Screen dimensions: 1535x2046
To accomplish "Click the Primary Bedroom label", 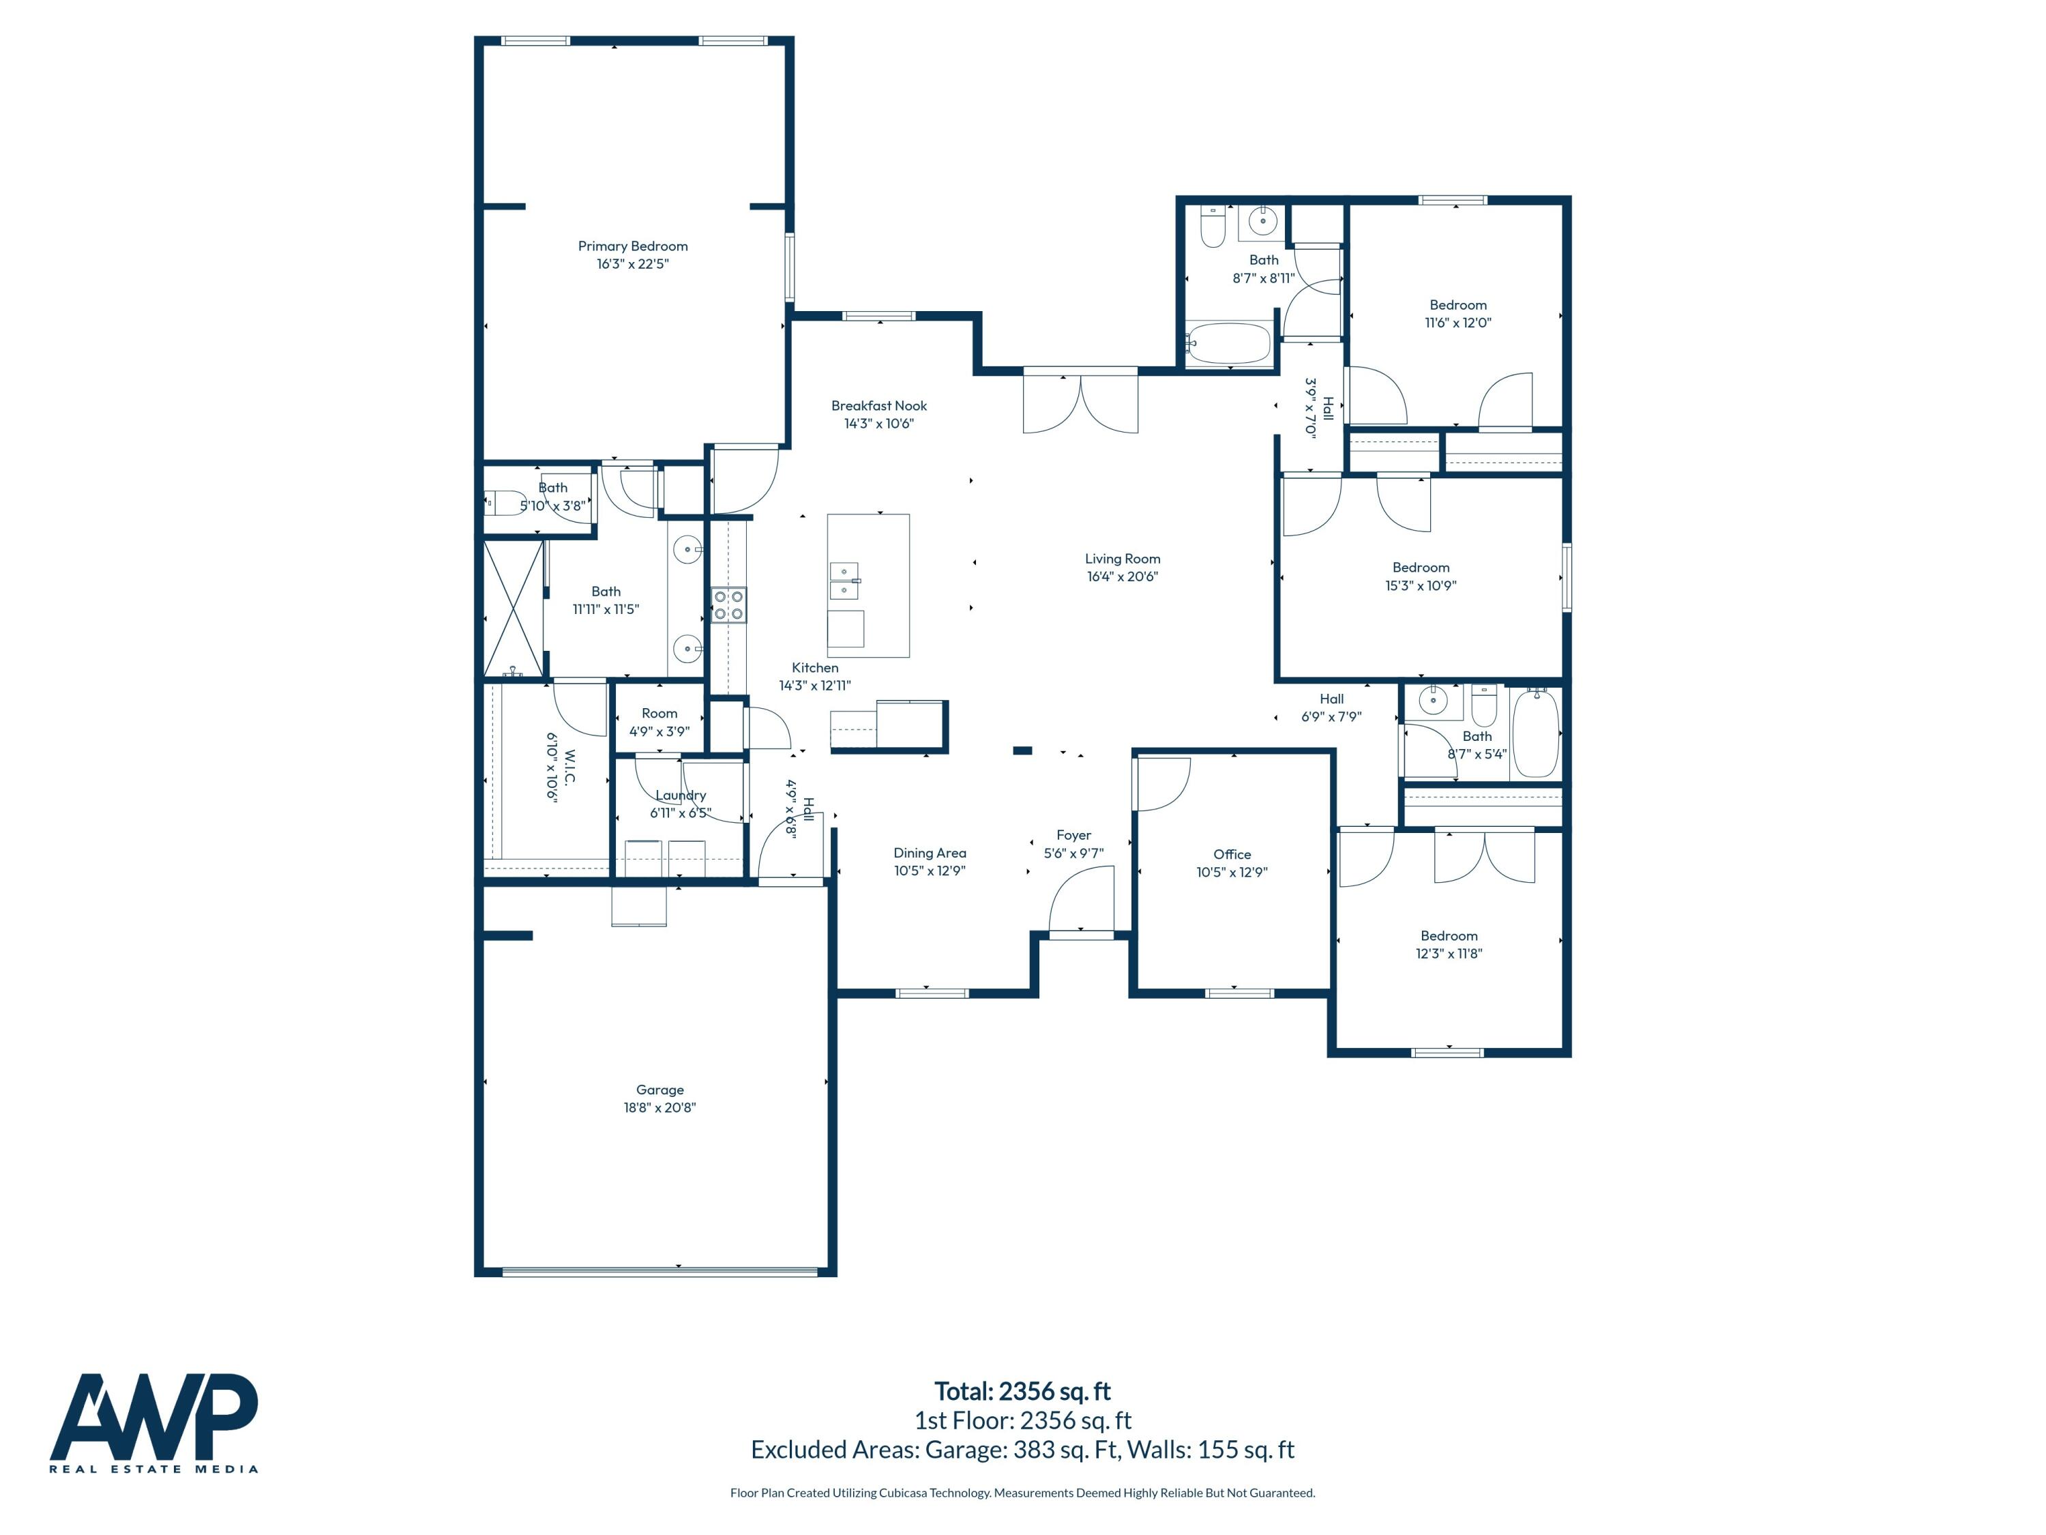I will [633, 246].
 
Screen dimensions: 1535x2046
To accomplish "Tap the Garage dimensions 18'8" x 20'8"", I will [659, 1107].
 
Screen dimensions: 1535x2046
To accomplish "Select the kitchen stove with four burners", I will [729, 605].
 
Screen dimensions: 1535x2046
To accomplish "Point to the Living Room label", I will [1122, 559].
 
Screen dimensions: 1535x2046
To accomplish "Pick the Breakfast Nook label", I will [878, 406].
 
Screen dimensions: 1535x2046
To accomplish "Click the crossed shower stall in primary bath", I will [514, 608].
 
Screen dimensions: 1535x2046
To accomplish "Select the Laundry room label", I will [681, 795].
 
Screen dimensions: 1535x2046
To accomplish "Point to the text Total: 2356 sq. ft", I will [1022, 1392].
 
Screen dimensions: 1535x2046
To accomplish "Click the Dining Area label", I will [930, 853].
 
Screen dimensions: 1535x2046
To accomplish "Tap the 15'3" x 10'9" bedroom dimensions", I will [1420, 585].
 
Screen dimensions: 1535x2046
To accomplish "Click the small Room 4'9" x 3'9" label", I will [659, 714].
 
